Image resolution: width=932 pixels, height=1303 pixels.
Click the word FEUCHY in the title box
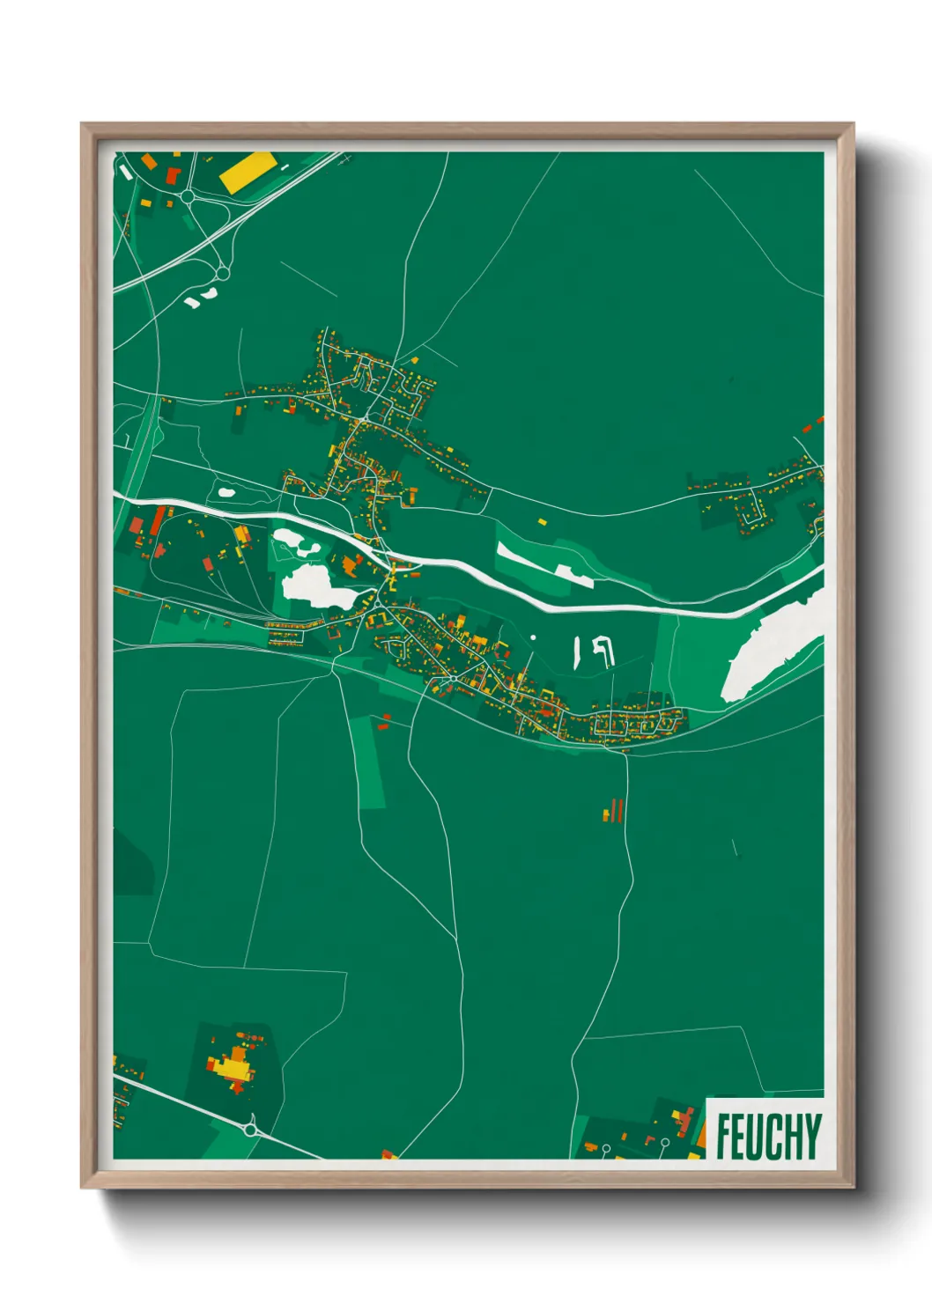coord(768,1136)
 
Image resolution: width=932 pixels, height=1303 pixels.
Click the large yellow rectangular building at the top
coord(248,171)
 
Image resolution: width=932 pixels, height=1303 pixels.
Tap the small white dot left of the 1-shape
coord(533,637)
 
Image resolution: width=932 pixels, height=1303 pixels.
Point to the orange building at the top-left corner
coord(150,161)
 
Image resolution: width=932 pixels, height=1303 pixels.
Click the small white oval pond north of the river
coord(226,492)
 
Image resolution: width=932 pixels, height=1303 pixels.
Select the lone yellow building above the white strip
coord(543,522)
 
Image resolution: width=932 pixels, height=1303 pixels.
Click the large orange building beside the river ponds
coord(351,564)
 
